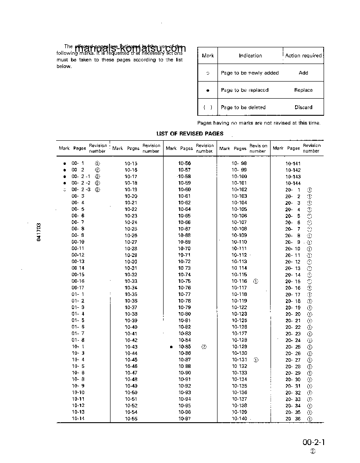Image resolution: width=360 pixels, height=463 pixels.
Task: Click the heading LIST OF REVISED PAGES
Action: coord(190,133)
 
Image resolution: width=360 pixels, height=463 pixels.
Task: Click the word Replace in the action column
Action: coord(303,90)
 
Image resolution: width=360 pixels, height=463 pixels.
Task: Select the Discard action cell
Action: coord(303,107)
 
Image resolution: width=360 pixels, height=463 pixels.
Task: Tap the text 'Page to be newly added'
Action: coord(250,73)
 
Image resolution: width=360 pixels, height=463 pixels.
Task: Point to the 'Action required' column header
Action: coord(303,56)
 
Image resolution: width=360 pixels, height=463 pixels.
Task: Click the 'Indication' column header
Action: coord(250,56)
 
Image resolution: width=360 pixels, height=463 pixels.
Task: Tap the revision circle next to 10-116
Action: coord(256,281)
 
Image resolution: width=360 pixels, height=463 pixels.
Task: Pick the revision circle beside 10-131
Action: coord(256,360)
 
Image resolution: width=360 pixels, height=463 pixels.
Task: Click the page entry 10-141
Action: coord(293,163)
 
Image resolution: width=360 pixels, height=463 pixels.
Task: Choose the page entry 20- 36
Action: coord(293,419)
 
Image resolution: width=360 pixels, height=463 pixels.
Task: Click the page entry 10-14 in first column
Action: coord(78,419)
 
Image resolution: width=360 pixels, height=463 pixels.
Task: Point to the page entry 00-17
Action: coord(78,288)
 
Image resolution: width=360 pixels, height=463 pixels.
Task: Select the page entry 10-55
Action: coord(131,419)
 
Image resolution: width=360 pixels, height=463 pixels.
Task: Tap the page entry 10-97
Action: coord(185,419)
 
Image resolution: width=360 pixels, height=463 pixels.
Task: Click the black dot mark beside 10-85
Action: coord(171,347)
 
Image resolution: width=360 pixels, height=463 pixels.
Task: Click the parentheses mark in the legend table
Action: coord(208,107)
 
